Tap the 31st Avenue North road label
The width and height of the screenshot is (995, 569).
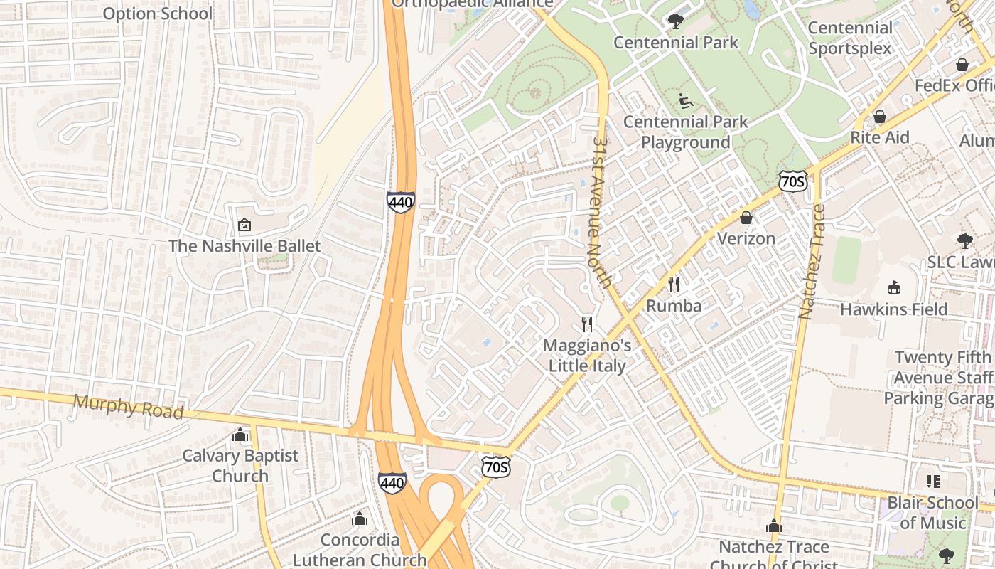pos(601,211)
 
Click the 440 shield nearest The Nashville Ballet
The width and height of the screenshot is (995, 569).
pos(400,202)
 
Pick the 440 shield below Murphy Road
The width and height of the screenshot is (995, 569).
pos(392,483)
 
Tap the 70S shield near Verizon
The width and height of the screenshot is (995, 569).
pos(791,181)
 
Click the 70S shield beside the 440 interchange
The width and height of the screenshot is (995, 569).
pos(495,467)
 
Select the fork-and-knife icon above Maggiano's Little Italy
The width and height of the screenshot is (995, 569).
pos(587,324)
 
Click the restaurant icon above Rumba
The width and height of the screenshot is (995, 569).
pos(674,284)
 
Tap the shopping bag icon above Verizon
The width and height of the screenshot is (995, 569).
pos(746,217)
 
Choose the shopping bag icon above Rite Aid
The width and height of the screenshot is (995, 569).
pos(879,116)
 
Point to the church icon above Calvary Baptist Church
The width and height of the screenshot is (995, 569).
pos(240,434)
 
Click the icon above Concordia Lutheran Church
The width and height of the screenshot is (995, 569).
pos(360,519)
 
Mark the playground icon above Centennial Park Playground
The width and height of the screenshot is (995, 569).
pos(686,100)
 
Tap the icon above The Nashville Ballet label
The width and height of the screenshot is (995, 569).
pos(244,225)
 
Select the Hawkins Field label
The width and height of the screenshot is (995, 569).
pos(893,309)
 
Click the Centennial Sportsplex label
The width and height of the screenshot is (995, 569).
pos(849,38)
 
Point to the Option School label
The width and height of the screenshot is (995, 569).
pos(157,14)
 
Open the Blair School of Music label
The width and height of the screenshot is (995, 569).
pos(933,513)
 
